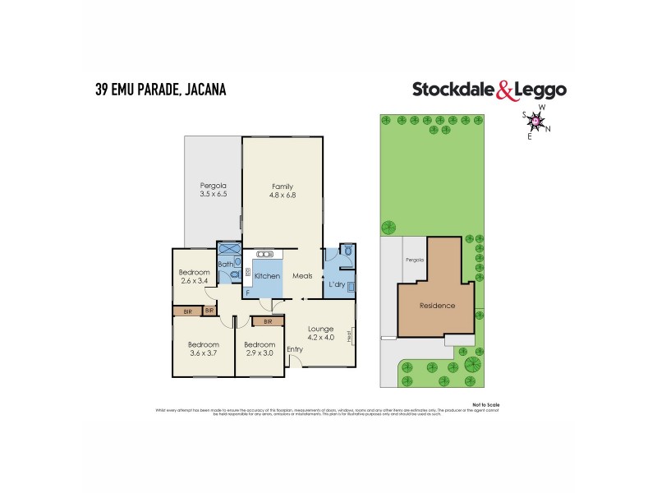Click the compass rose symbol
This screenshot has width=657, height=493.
click(536, 122)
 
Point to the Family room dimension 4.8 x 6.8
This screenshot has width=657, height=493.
click(282, 196)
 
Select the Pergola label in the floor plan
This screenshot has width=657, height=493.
click(212, 185)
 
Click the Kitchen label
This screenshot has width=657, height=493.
click(267, 276)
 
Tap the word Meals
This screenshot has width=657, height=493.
click(303, 276)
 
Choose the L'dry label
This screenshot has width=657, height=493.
click(336, 284)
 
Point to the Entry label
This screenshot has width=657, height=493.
click(294, 349)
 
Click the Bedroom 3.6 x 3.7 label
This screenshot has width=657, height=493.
click(203, 349)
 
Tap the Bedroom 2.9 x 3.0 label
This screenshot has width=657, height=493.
click(258, 349)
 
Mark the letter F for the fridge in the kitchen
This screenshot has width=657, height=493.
click(247, 293)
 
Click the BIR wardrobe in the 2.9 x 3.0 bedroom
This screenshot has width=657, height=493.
click(268, 322)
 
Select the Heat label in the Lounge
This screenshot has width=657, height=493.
click(350, 335)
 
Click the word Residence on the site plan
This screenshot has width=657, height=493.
click(437, 306)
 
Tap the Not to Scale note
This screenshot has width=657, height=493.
click(486, 404)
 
